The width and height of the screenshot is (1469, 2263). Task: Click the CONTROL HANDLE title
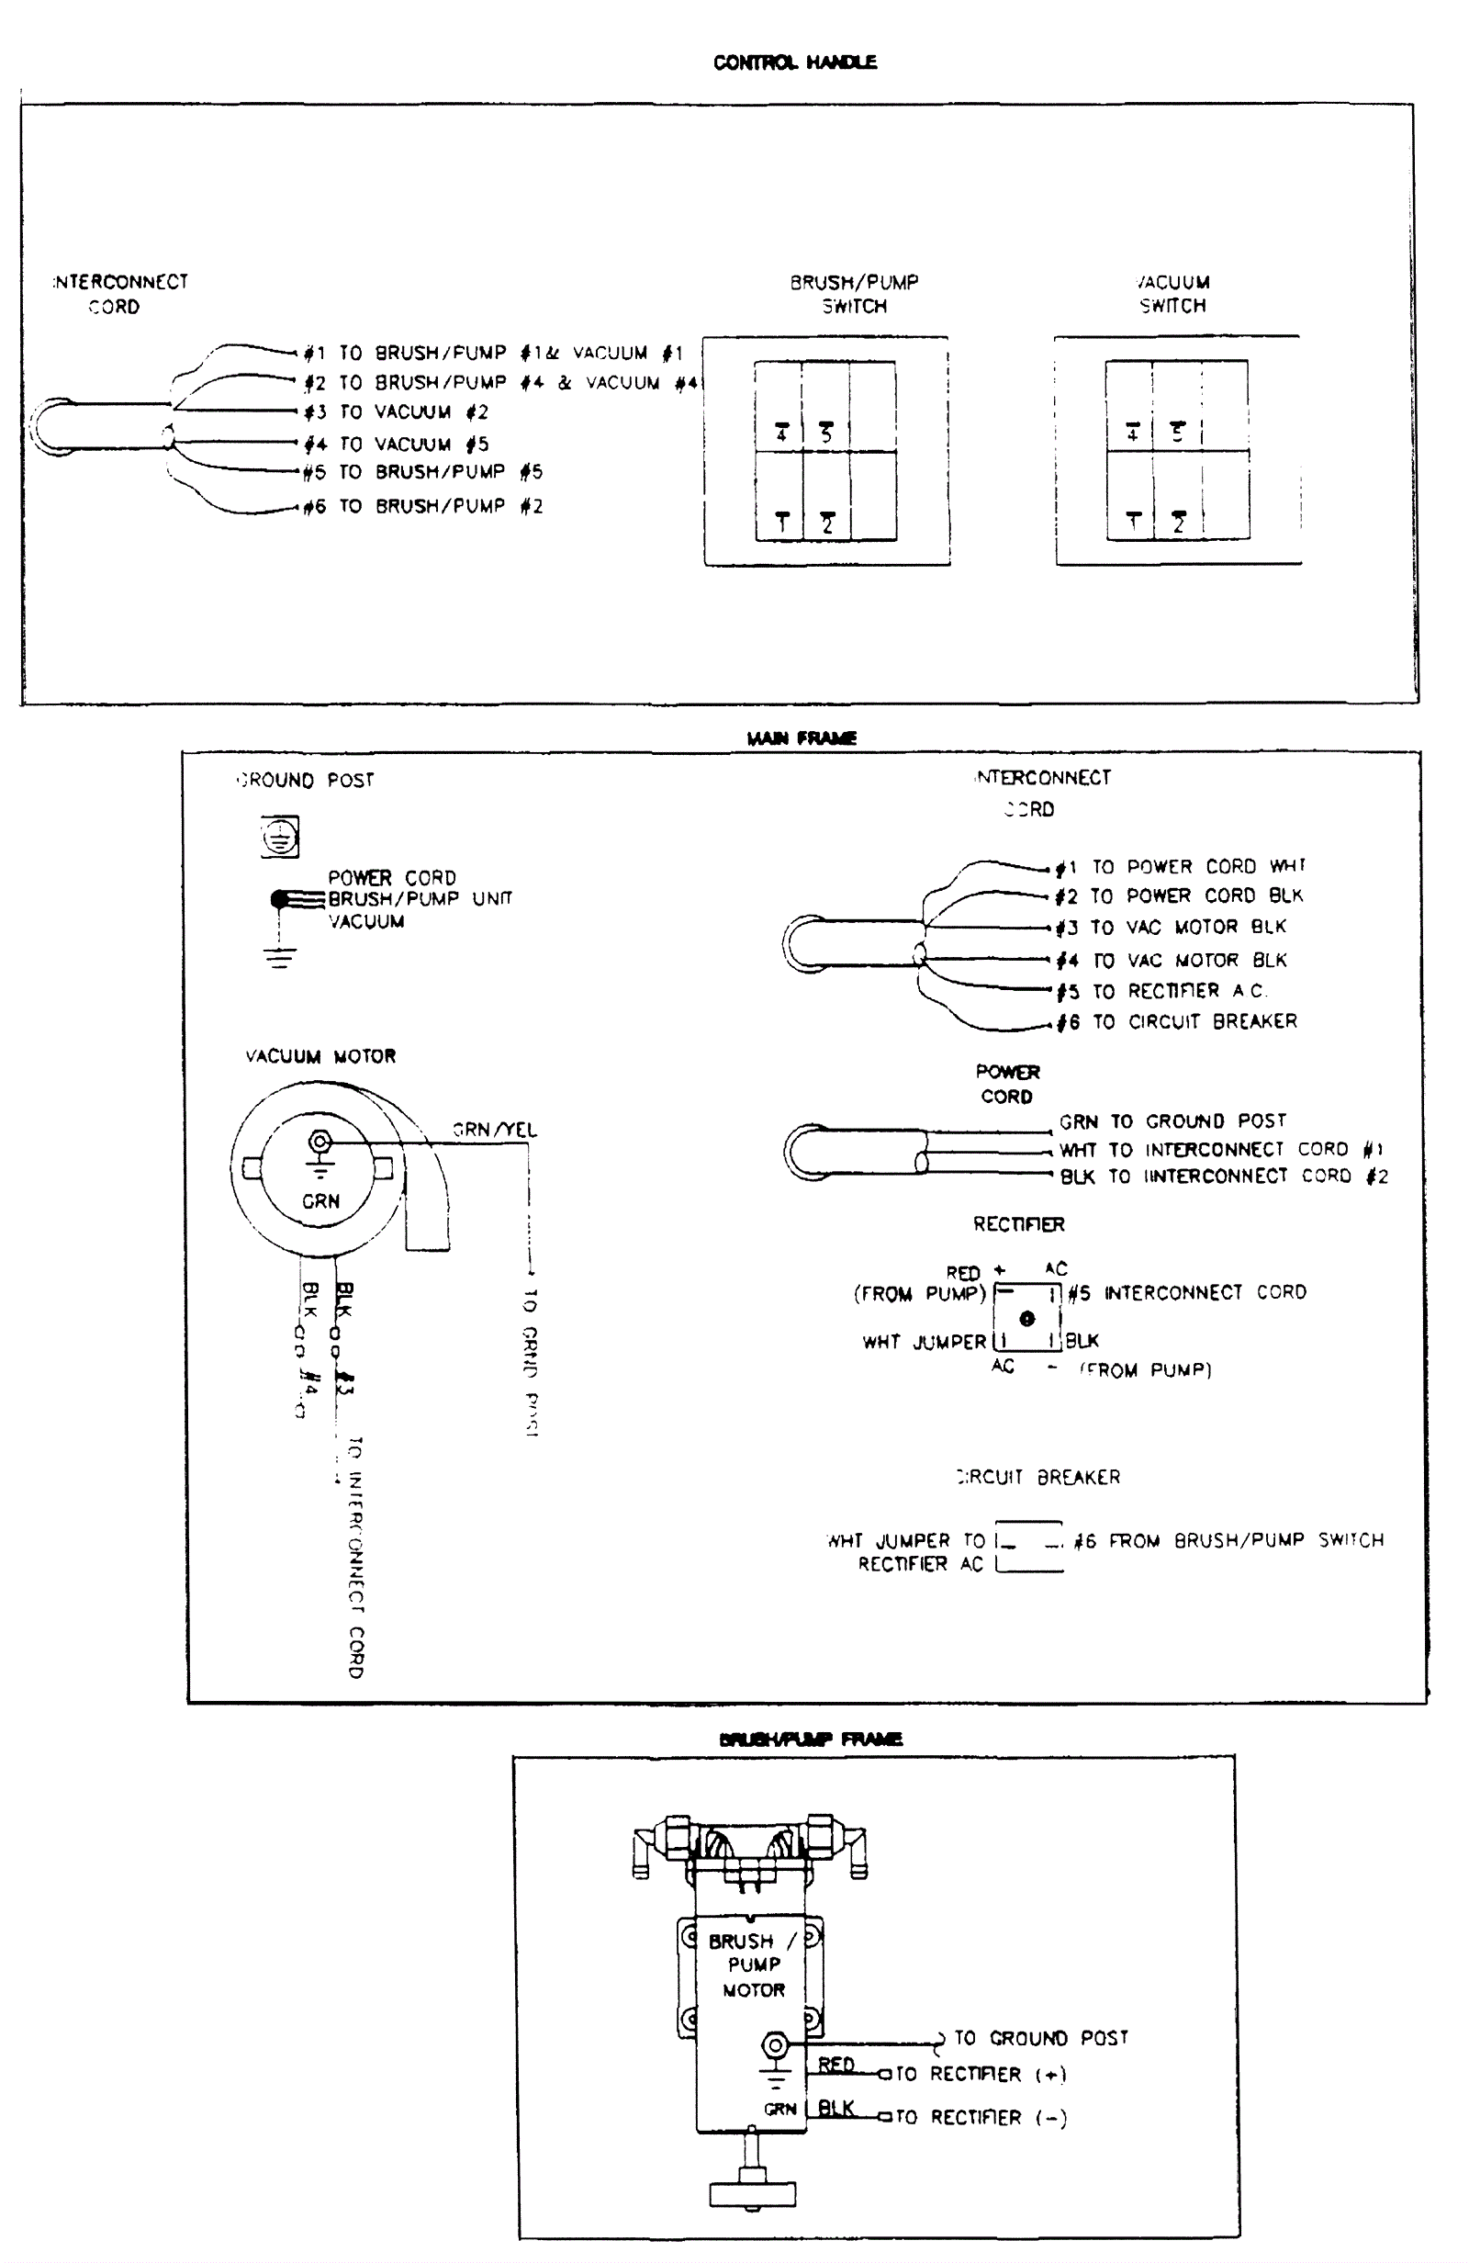point(794,62)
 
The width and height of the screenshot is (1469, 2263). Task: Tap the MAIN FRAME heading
point(802,737)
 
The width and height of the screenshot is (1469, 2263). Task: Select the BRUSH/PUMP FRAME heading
point(810,1739)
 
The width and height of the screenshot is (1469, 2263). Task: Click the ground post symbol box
point(279,837)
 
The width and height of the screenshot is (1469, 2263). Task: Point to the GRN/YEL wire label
point(495,1130)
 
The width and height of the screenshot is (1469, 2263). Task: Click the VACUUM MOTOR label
point(320,1056)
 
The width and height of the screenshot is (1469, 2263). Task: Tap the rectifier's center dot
point(1026,1319)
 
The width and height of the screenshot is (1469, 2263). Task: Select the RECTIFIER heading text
point(1018,1224)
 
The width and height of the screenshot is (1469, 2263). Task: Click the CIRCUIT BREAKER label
point(1038,1477)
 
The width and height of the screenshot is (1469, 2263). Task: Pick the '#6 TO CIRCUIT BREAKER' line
point(1176,1022)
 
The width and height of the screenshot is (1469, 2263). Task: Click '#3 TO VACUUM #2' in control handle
point(396,412)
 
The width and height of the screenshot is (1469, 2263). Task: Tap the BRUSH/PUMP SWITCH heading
point(854,294)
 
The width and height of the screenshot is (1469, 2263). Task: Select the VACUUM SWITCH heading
point(1172,294)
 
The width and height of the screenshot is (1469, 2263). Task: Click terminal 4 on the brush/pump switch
point(780,433)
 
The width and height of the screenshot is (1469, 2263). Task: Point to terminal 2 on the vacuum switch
point(1179,522)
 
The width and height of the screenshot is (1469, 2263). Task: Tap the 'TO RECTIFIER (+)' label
point(981,2074)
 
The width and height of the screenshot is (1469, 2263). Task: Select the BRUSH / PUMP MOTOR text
point(753,1965)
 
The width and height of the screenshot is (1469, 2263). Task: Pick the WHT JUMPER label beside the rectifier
point(924,1342)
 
